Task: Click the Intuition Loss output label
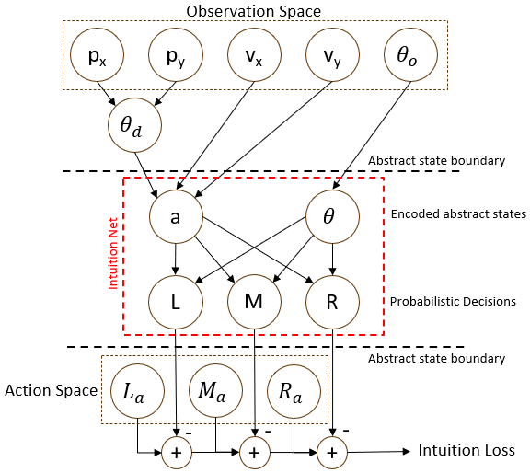tap(467, 450)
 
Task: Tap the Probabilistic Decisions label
tap(452, 302)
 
